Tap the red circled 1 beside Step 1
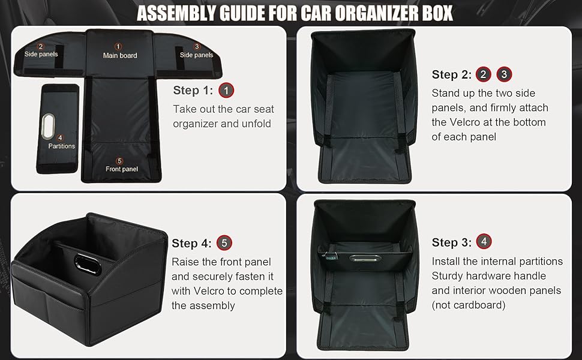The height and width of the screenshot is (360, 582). (226, 91)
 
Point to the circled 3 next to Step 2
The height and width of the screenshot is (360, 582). (505, 74)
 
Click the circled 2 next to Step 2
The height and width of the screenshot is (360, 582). (484, 74)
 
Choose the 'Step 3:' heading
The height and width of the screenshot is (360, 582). (451, 242)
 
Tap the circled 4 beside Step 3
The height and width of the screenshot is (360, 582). (484, 242)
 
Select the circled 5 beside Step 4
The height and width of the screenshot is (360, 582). (224, 243)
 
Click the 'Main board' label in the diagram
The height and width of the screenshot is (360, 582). (120, 55)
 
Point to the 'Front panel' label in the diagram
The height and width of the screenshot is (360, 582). (122, 169)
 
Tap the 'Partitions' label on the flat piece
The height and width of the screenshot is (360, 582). (62, 146)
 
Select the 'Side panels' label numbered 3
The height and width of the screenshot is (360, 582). (196, 55)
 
